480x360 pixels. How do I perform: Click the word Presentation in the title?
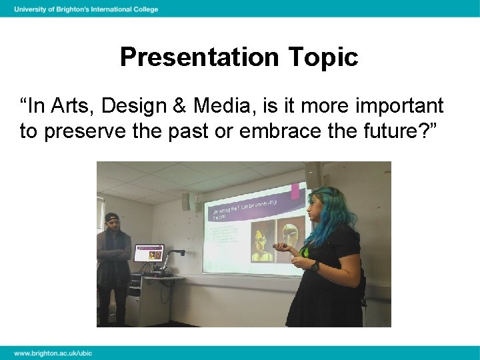201,57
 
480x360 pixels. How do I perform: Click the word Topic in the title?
323,57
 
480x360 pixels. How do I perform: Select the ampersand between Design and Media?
179,105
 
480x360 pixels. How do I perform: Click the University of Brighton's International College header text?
86,9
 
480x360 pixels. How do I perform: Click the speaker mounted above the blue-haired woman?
313,175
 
